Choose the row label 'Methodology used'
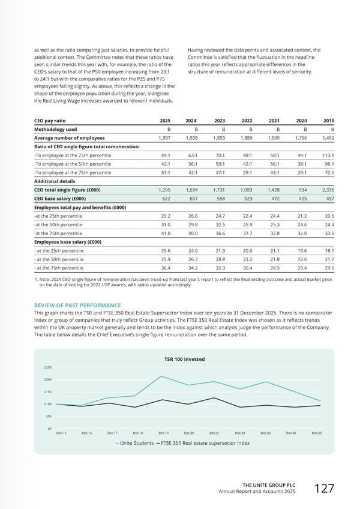(55, 128)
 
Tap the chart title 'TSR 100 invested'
(184, 359)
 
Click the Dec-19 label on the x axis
(163, 432)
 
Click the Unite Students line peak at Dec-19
(162, 376)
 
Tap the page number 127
(323, 489)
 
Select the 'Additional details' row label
(56, 181)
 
